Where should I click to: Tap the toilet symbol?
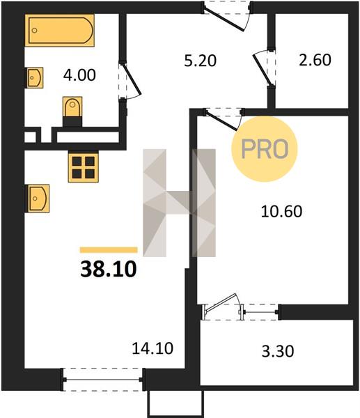pyautogui.click(x=72, y=111)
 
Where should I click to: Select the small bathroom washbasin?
pyautogui.click(x=34, y=77)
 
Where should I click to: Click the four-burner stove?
pyautogui.click(x=84, y=167)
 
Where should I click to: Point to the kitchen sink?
pyautogui.click(x=38, y=199)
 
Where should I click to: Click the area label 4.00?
pyautogui.click(x=79, y=75)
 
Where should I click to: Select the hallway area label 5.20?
pyautogui.click(x=201, y=61)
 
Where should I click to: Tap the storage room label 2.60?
pyautogui.click(x=315, y=60)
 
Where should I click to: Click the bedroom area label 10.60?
pyautogui.click(x=281, y=211)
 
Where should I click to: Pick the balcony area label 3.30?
pyautogui.click(x=278, y=351)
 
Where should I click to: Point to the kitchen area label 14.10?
pyautogui.click(x=152, y=348)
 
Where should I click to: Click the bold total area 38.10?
pyautogui.click(x=109, y=269)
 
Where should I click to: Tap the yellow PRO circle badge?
pyautogui.click(x=265, y=149)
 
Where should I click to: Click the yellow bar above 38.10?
pyautogui.click(x=109, y=250)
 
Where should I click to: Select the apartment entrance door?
pyautogui.click(x=226, y=16)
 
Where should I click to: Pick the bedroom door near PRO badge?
pyautogui.click(x=224, y=119)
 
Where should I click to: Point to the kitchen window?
pyautogui.click(x=103, y=380)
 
